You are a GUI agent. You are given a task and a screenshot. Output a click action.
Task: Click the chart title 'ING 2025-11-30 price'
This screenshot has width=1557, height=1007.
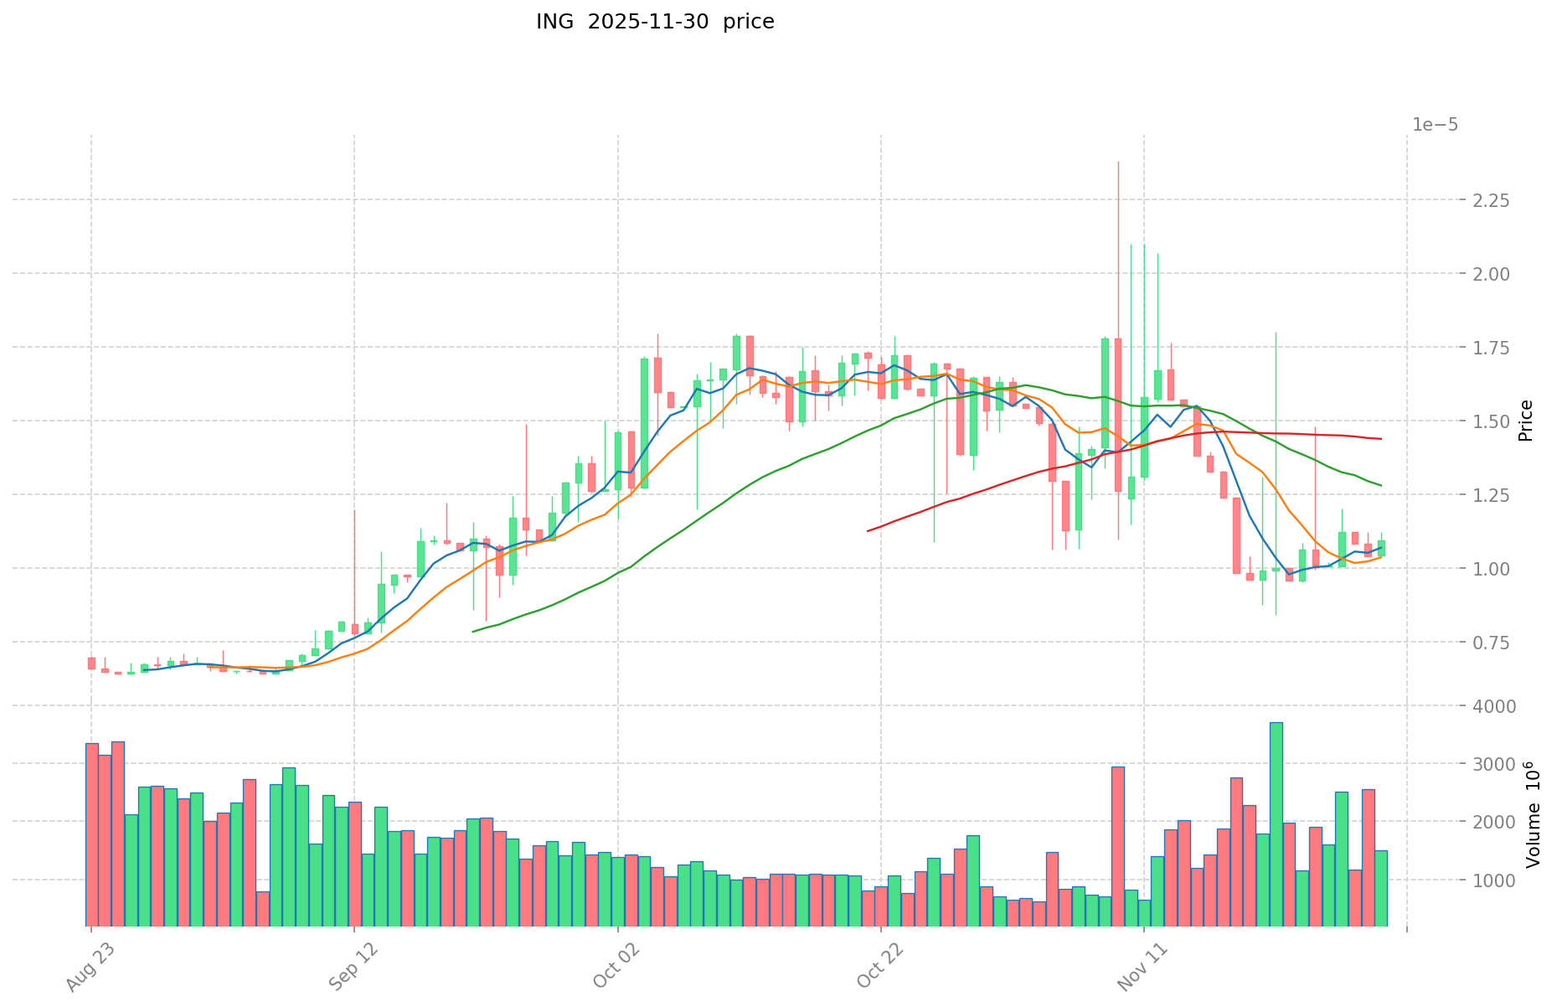pyautogui.click(x=655, y=22)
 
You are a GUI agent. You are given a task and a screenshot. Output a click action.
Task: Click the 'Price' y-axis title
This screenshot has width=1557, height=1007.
pyautogui.click(x=1525, y=421)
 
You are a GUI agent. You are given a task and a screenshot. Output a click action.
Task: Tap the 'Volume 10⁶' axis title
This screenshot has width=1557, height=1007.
pyautogui.click(x=1525, y=814)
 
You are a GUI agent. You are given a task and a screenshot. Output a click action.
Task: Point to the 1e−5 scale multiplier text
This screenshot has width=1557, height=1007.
pyautogui.click(x=1435, y=125)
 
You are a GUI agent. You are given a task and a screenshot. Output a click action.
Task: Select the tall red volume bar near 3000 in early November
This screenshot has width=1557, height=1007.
pyautogui.click(x=1118, y=846)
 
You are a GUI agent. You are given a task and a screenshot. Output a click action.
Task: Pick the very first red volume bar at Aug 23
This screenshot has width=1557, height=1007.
pyautogui.click(x=92, y=834)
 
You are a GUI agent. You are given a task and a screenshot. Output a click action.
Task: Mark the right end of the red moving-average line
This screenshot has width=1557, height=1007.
pyautogui.click(x=1381, y=439)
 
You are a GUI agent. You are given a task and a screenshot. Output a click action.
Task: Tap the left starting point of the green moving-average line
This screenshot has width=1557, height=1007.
pyautogui.click(x=473, y=632)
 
